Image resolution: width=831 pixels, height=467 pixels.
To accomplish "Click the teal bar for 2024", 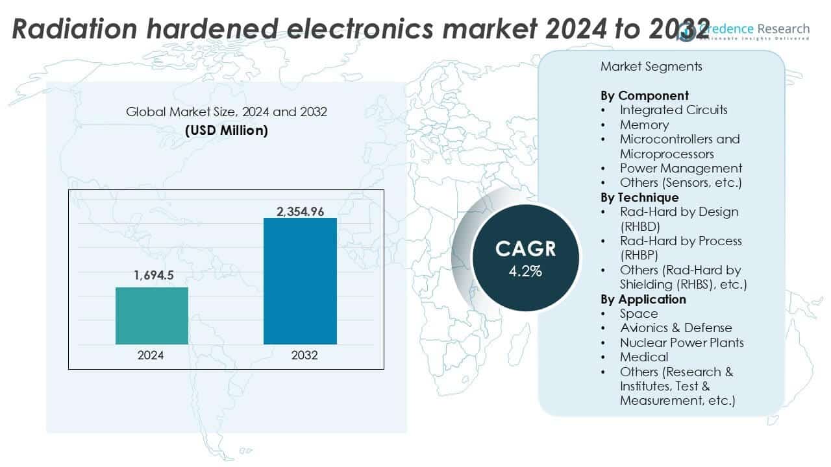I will point(152,316).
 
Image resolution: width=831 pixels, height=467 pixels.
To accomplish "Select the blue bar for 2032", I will point(300,281).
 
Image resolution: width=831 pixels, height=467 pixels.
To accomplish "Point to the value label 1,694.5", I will point(153,276).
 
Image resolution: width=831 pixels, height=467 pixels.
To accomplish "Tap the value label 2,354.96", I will point(300,211).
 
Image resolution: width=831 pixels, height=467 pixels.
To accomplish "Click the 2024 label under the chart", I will point(151,355).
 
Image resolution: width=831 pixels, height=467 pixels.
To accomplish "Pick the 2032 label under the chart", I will point(300,355).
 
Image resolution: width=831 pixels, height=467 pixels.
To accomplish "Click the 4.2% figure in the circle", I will point(525,271).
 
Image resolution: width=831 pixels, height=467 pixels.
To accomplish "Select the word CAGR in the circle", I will point(525,249).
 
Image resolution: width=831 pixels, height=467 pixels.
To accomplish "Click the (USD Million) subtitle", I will point(227,130).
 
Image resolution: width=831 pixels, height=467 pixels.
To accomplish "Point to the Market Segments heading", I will point(651,66).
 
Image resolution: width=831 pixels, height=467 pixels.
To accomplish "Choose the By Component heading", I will point(645,95).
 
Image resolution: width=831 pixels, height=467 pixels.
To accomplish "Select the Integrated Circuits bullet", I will point(673,110).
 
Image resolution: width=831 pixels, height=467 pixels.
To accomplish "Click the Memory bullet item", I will point(644,125).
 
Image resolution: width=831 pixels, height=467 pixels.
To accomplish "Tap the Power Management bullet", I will point(680,168).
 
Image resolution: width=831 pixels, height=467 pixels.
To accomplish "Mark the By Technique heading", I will point(639,197).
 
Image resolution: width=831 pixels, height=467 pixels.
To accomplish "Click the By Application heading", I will point(643,299).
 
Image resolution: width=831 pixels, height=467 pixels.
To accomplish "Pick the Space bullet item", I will point(639,313).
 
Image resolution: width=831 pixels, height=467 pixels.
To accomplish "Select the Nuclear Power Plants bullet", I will point(682,342).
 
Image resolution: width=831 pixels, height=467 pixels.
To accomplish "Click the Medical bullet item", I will point(644,357).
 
